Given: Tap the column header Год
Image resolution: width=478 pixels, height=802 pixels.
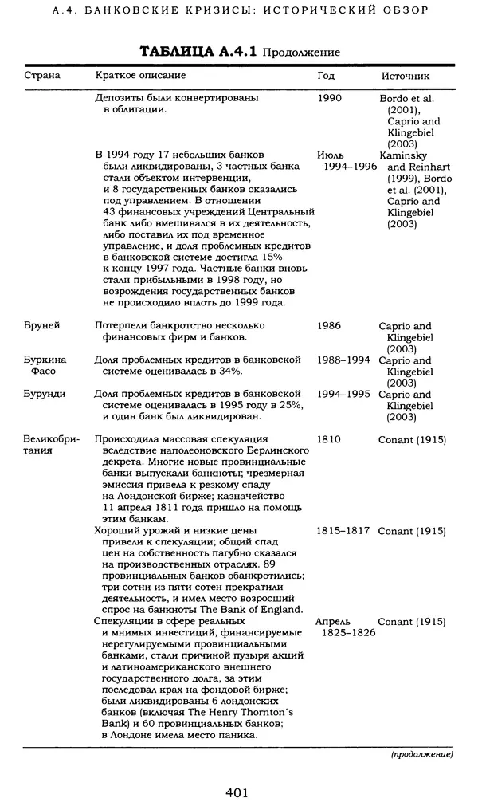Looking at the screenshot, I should pos(326,77).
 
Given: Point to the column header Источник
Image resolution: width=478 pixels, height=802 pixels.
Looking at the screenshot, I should pos(406,77).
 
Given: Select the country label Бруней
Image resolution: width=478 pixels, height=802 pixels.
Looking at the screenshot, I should pos(41,326).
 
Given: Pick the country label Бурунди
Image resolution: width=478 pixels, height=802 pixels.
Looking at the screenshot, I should pos(44,394).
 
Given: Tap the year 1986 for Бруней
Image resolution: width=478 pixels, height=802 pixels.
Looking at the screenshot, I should pos(331,326).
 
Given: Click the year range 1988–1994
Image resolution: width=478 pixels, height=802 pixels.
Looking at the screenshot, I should pos(343,360).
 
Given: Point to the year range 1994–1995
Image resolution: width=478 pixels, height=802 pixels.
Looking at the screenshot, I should pos(343,394).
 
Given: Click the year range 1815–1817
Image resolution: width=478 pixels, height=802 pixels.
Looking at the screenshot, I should pos(343,530).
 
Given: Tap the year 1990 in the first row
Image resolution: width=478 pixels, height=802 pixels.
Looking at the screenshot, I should pos(331,99).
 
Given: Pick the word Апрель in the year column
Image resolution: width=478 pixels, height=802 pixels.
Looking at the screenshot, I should pos(333,621).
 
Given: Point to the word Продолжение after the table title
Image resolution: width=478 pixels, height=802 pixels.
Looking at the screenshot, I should pos(301,53).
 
